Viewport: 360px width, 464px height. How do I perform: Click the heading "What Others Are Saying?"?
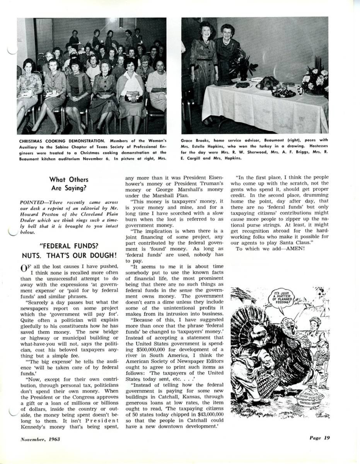click(x=69, y=184)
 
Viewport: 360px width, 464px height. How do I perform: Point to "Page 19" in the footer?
click(x=319, y=438)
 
